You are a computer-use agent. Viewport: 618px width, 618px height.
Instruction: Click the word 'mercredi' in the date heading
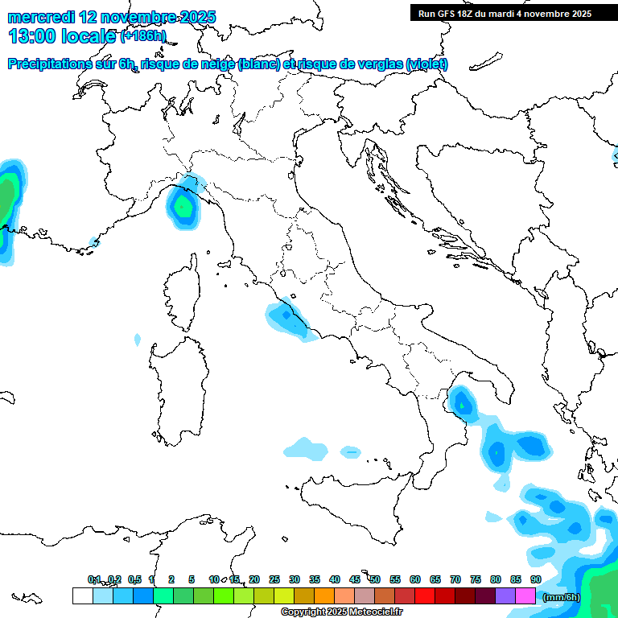(41, 16)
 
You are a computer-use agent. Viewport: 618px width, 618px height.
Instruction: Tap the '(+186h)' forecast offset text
(142, 35)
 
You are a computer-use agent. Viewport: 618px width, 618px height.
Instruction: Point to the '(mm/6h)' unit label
(561, 597)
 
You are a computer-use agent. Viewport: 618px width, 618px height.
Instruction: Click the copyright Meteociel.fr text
(341, 612)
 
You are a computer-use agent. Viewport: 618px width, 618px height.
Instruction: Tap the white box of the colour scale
(82, 596)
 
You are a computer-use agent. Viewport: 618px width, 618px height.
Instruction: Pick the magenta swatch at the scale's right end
(525, 596)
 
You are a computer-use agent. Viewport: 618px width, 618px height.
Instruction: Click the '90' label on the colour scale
(535, 579)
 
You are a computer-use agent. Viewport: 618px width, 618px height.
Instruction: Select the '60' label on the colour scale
(415, 579)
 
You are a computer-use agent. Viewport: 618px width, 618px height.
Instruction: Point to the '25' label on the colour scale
(274, 579)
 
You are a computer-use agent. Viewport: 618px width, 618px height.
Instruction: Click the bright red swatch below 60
(425, 596)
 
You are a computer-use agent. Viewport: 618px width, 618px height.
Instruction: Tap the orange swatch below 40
(324, 596)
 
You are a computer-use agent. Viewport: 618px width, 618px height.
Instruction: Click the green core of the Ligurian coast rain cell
(183, 207)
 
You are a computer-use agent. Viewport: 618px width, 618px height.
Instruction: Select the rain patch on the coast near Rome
(286, 319)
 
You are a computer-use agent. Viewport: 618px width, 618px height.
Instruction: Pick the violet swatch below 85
(505, 596)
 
